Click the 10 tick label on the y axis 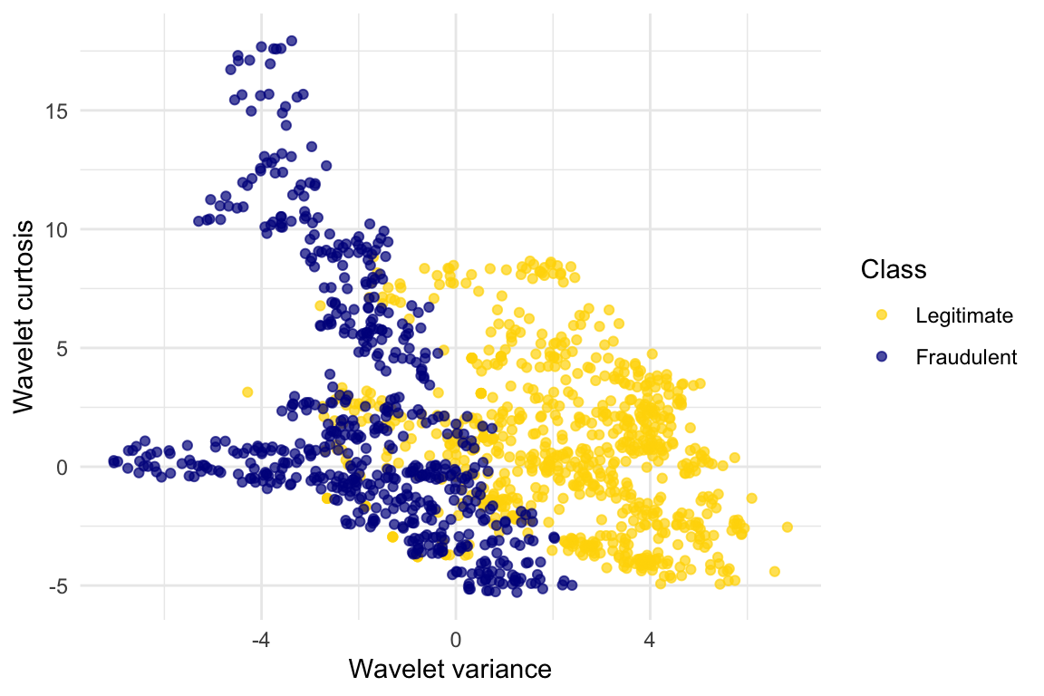(56, 229)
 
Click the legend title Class (894, 269)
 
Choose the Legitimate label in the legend (963, 315)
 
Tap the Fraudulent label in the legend (966, 357)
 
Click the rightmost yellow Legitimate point (787, 527)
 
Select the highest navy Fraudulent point (291, 41)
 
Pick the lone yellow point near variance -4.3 (247, 392)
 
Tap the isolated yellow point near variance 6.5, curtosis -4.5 (774, 571)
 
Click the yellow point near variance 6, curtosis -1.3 (751, 498)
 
